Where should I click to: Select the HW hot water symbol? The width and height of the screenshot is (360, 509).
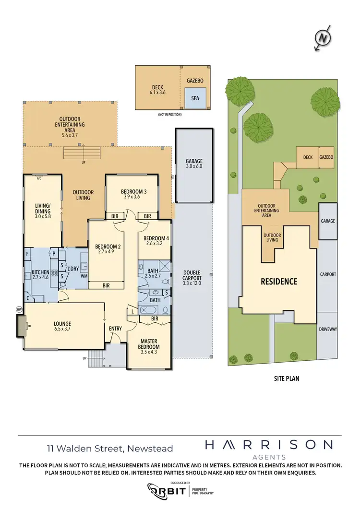(20, 310)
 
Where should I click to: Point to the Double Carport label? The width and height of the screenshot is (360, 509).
(192, 278)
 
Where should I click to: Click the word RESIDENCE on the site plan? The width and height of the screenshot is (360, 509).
(279, 282)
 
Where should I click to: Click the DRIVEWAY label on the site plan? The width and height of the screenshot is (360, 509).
(328, 330)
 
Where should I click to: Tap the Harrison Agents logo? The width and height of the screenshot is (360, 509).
(268, 449)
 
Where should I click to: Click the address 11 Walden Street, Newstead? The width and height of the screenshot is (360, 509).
(110, 449)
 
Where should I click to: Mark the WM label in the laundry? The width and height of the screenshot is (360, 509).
(84, 276)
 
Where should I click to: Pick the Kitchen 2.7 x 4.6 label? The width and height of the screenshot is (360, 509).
(41, 274)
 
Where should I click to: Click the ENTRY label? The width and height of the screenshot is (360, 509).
(115, 329)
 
